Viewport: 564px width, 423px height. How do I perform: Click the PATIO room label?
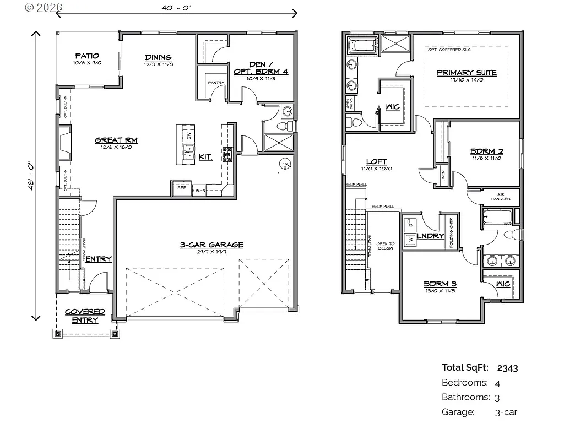coord(87,56)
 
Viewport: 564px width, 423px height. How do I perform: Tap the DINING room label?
coord(158,57)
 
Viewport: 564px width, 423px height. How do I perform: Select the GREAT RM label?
coord(116,140)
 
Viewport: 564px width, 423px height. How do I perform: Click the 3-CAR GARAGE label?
coord(211,245)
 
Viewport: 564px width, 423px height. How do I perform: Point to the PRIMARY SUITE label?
coord(467,73)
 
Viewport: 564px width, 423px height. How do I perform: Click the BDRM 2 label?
coord(486,151)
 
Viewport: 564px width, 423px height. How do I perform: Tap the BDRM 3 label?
coord(440,284)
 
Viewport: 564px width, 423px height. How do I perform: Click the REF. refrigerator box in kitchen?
coord(182,188)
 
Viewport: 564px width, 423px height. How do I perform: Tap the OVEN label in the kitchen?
coord(199,191)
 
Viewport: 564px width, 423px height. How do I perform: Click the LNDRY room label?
coord(430,236)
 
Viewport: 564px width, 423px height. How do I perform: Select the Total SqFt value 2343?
coord(507,368)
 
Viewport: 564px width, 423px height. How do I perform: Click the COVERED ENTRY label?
coord(85,316)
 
